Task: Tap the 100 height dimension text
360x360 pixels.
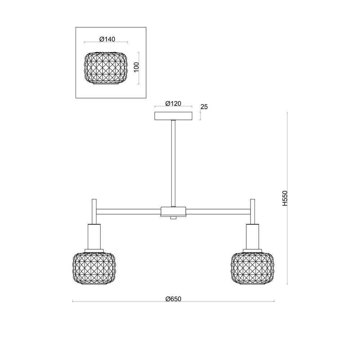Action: (136, 67)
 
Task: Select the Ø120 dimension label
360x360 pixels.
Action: (173, 103)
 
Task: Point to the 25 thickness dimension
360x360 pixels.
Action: (204, 107)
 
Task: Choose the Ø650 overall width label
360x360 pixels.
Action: (173, 298)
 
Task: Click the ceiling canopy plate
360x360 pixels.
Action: (173, 116)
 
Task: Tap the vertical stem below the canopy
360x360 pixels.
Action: (174, 162)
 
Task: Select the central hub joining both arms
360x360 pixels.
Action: (174, 211)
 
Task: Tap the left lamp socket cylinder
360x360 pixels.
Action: (95, 236)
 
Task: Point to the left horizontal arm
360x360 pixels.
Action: (129, 211)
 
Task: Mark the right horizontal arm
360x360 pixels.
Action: (218, 211)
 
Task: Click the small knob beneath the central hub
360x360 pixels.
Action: (174, 218)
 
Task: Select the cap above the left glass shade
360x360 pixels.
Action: (94, 250)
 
